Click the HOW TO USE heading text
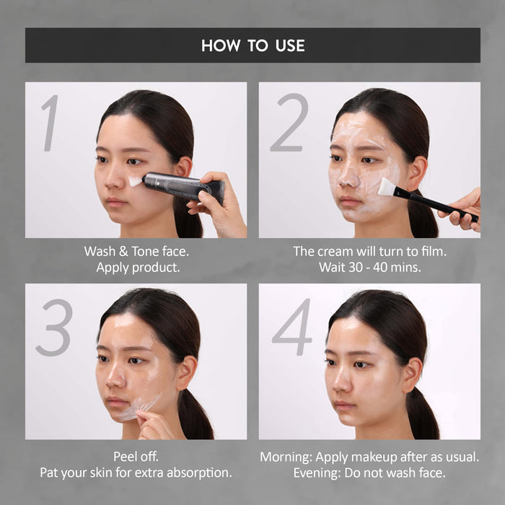252,45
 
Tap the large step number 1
50,123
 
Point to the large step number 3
53,328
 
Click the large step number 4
292,328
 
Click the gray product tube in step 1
180,186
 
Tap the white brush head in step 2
386,187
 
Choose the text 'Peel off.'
136,457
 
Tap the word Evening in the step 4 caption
317,473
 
